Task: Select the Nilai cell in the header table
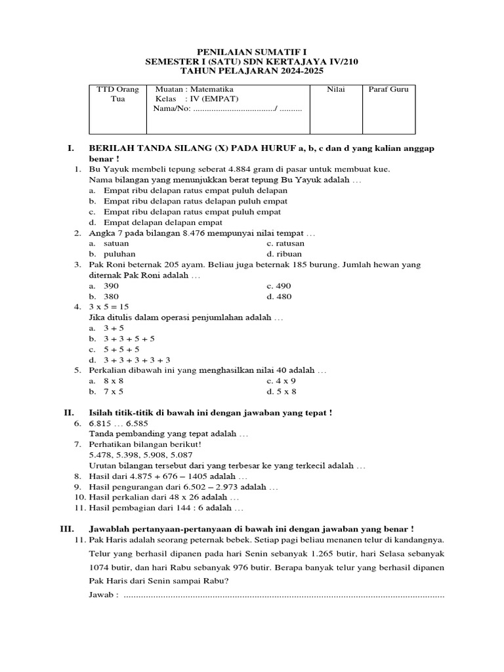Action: (x=335, y=89)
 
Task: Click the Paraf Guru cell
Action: (x=388, y=89)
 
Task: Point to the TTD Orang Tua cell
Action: (x=117, y=94)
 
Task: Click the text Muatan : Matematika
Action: (x=194, y=89)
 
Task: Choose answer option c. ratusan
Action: (x=285, y=243)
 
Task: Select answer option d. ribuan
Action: (x=283, y=253)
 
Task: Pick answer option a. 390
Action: (x=104, y=286)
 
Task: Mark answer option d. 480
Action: (x=279, y=296)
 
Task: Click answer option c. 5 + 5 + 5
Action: (x=115, y=349)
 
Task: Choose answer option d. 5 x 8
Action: (x=282, y=391)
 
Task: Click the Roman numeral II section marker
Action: (x=69, y=412)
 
